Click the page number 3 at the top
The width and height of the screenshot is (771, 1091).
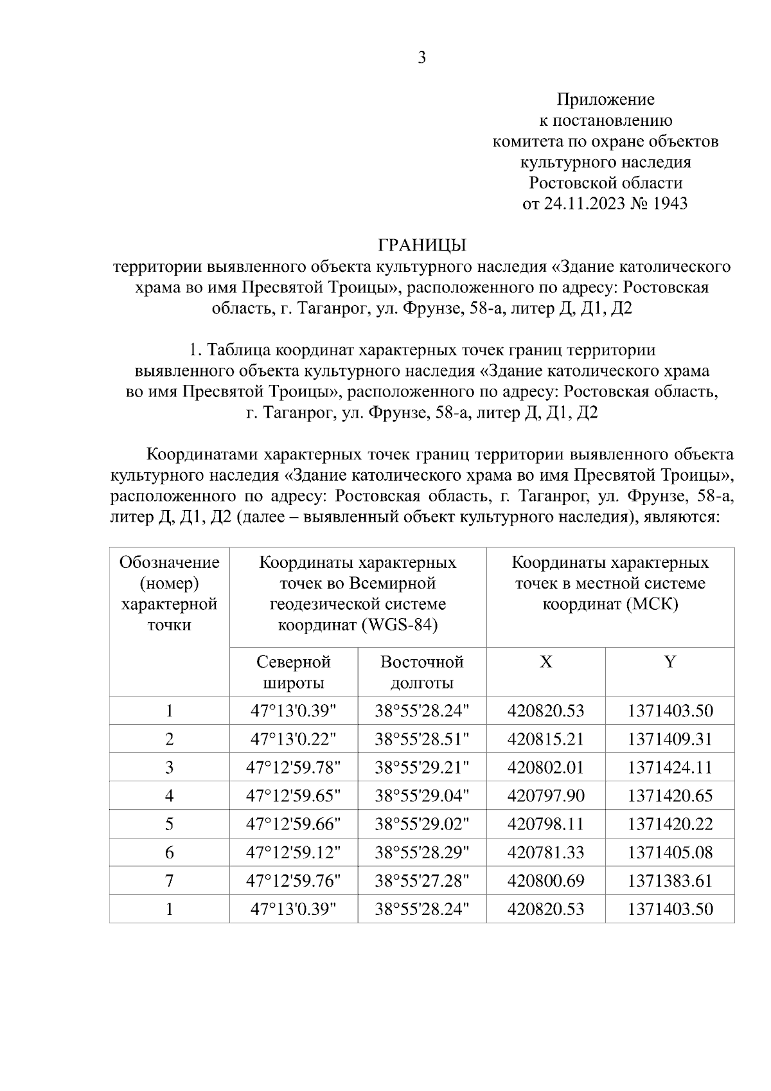coord(421,58)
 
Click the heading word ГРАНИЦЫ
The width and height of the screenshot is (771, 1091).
coord(421,245)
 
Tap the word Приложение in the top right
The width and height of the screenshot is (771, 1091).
coord(605,100)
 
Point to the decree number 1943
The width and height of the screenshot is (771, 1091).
coord(669,204)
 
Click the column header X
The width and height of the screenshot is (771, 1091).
coord(545,662)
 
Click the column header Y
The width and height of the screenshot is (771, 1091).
coord(669,662)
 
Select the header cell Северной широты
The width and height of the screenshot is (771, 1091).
coord(294,672)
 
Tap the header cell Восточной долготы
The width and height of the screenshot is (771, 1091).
coord(422,672)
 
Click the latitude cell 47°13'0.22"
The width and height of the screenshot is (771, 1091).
coord(294,740)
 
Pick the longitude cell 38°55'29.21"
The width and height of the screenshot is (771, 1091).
coord(422,768)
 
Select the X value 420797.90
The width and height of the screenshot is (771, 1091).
coord(545,796)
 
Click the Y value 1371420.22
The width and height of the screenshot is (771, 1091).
coord(670,824)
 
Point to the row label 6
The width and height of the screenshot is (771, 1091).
coord(169,853)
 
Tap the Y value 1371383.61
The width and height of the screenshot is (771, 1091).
coord(670,881)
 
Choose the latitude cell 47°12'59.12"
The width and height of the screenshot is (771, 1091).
coord(294,853)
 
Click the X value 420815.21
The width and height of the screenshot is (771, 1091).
coord(545,740)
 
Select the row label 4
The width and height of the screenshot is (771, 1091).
coord(169,796)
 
